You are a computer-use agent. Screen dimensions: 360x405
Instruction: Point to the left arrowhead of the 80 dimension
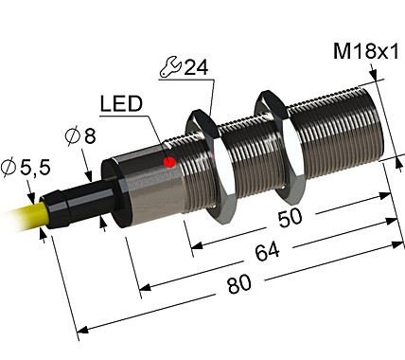[x=80, y=329]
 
